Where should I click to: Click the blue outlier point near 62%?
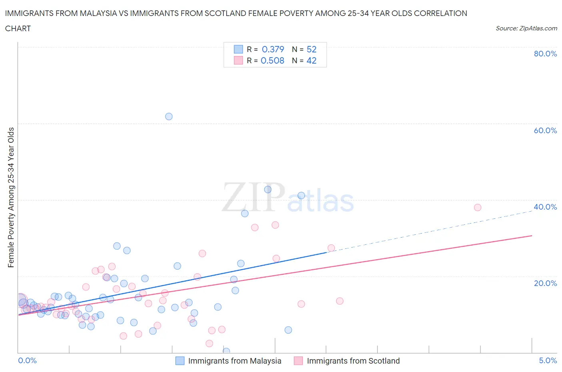click(x=169, y=116)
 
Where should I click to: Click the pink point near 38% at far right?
click(x=477, y=207)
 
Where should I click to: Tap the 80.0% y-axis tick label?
click(x=545, y=54)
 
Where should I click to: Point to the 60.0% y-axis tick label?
click(x=545, y=130)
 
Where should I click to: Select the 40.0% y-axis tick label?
click(x=545, y=207)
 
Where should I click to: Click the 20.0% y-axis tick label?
click(x=545, y=283)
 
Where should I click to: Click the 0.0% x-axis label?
click(x=27, y=360)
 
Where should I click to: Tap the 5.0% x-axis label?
click(x=548, y=360)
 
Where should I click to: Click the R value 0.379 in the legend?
click(x=273, y=49)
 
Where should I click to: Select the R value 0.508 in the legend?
click(x=272, y=60)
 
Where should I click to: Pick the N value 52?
click(x=311, y=49)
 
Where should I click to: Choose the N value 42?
click(x=311, y=60)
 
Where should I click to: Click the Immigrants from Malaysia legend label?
click(x=235, y=361)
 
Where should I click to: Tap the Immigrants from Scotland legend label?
click(x=353, y=361)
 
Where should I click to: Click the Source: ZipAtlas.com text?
click(x=526, y=28)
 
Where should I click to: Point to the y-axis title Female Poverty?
click(x=11, y=197)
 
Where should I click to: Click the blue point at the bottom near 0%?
click(x=226, y=351)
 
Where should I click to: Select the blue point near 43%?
click(x=268, y=190)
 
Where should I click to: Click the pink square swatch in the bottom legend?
click(x=298, y=361)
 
